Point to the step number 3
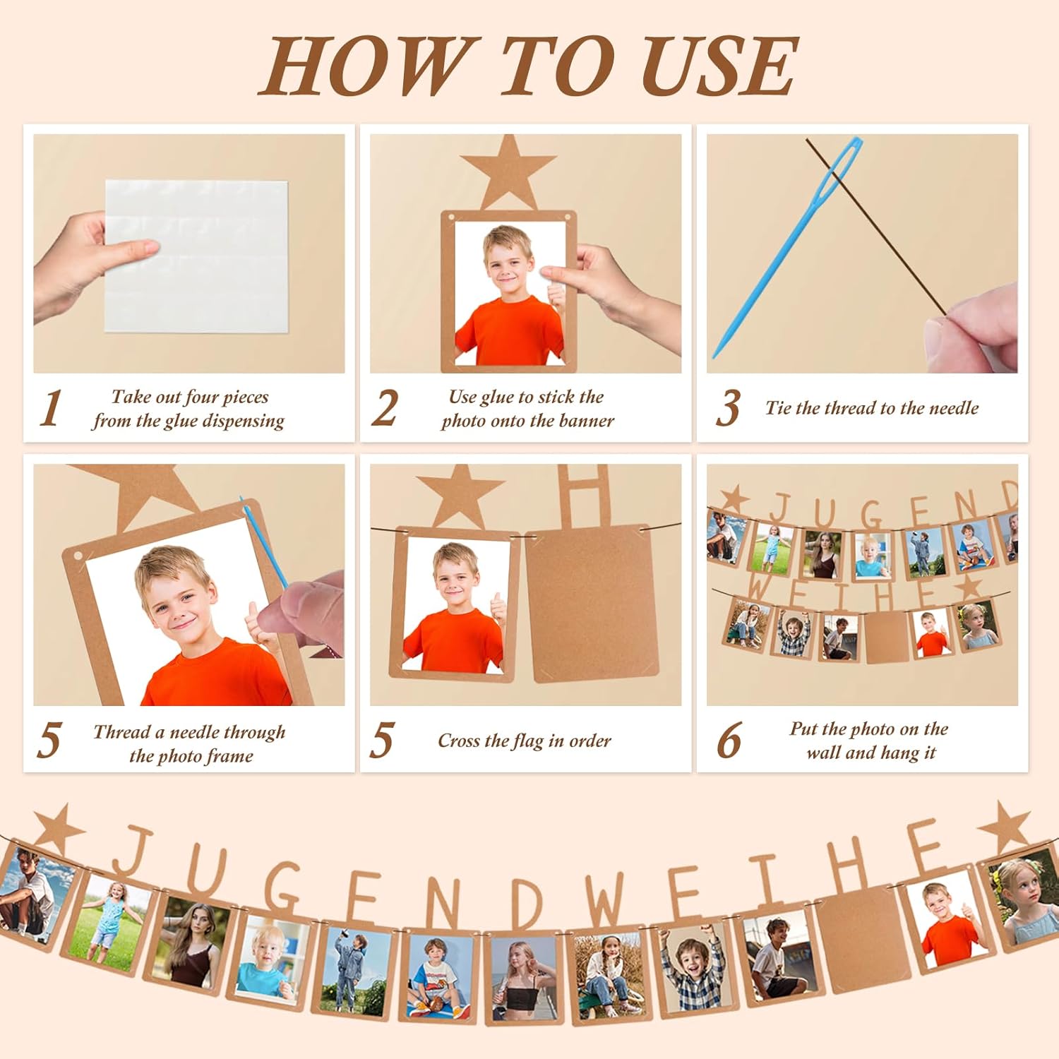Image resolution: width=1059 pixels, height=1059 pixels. point(728,408)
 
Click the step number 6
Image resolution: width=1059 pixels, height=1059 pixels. point(729,741)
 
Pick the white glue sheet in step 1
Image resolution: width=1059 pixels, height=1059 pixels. point(196,256)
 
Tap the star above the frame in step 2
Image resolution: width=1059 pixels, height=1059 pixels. point(508,171)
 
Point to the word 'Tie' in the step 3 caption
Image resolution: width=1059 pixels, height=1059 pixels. point(779,408)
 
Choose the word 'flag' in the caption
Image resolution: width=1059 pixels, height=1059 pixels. point(528,741)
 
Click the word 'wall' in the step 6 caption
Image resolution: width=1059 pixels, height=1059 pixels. point(824,753)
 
